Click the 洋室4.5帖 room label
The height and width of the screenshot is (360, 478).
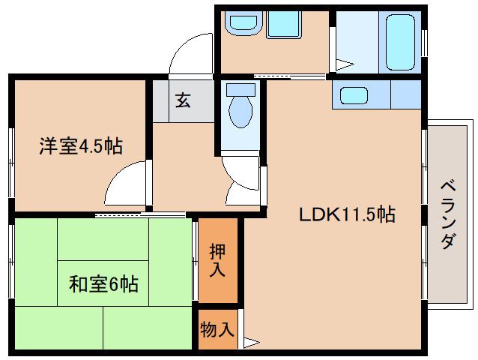[x=81, y=146]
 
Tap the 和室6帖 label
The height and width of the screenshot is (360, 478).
[x=103, y=283]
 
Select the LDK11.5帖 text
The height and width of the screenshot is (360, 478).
[x=347, y=214]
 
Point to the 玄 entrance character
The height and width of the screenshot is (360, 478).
[x=183, y=100]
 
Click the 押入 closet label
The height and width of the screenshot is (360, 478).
[x=217, y=260]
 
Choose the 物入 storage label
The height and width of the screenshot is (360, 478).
[x=217, y=329]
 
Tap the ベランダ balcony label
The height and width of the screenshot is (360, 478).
[x=448, y=215]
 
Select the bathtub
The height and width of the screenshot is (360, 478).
[x=400, y=43]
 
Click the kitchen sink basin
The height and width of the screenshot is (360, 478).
[x=354, y=95]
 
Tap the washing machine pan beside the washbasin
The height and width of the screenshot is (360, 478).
[x=284, y=25]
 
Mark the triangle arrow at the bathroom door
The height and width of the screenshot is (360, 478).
[x=345, y=64]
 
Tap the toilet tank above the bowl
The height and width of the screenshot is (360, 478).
[x=240, y=90]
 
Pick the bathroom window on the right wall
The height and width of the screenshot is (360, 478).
[x=424, y=43]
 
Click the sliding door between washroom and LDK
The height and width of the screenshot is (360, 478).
[x=290, y=76]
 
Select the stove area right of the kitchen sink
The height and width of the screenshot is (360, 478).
[x=406, y=94]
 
